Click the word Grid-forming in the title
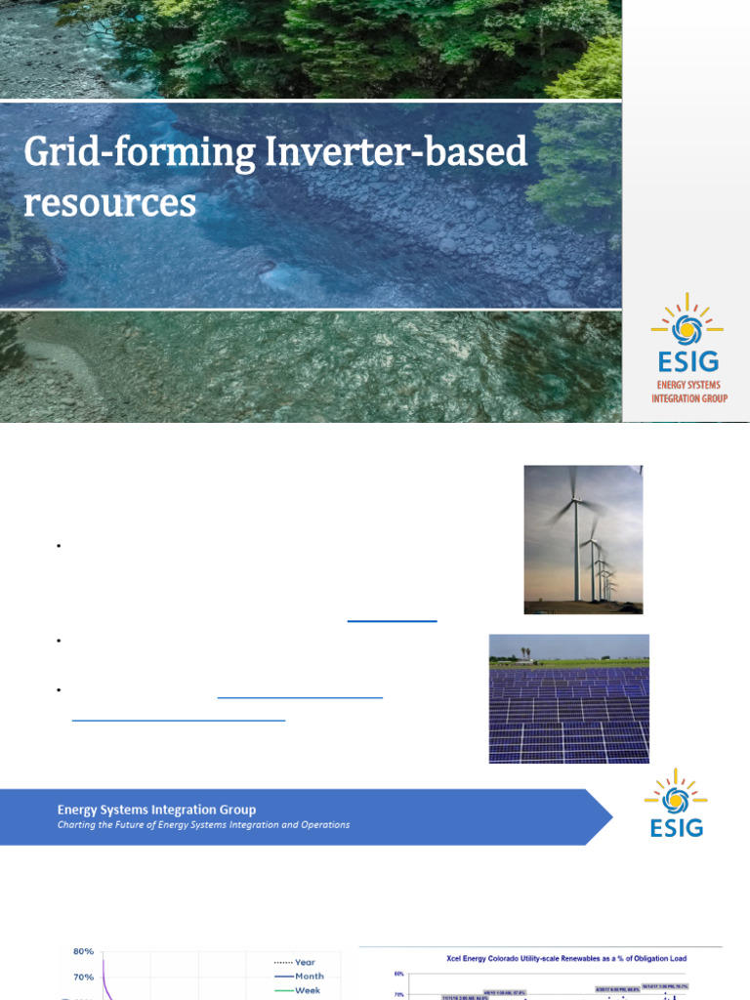(116, 154)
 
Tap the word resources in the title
(109, 202)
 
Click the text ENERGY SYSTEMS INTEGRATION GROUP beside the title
(689, 392)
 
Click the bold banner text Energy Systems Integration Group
(156, 810)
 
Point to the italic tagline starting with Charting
(203, 825)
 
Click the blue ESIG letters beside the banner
(676, 828)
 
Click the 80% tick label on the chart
(83, 951)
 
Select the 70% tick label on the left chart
(83, 977)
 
